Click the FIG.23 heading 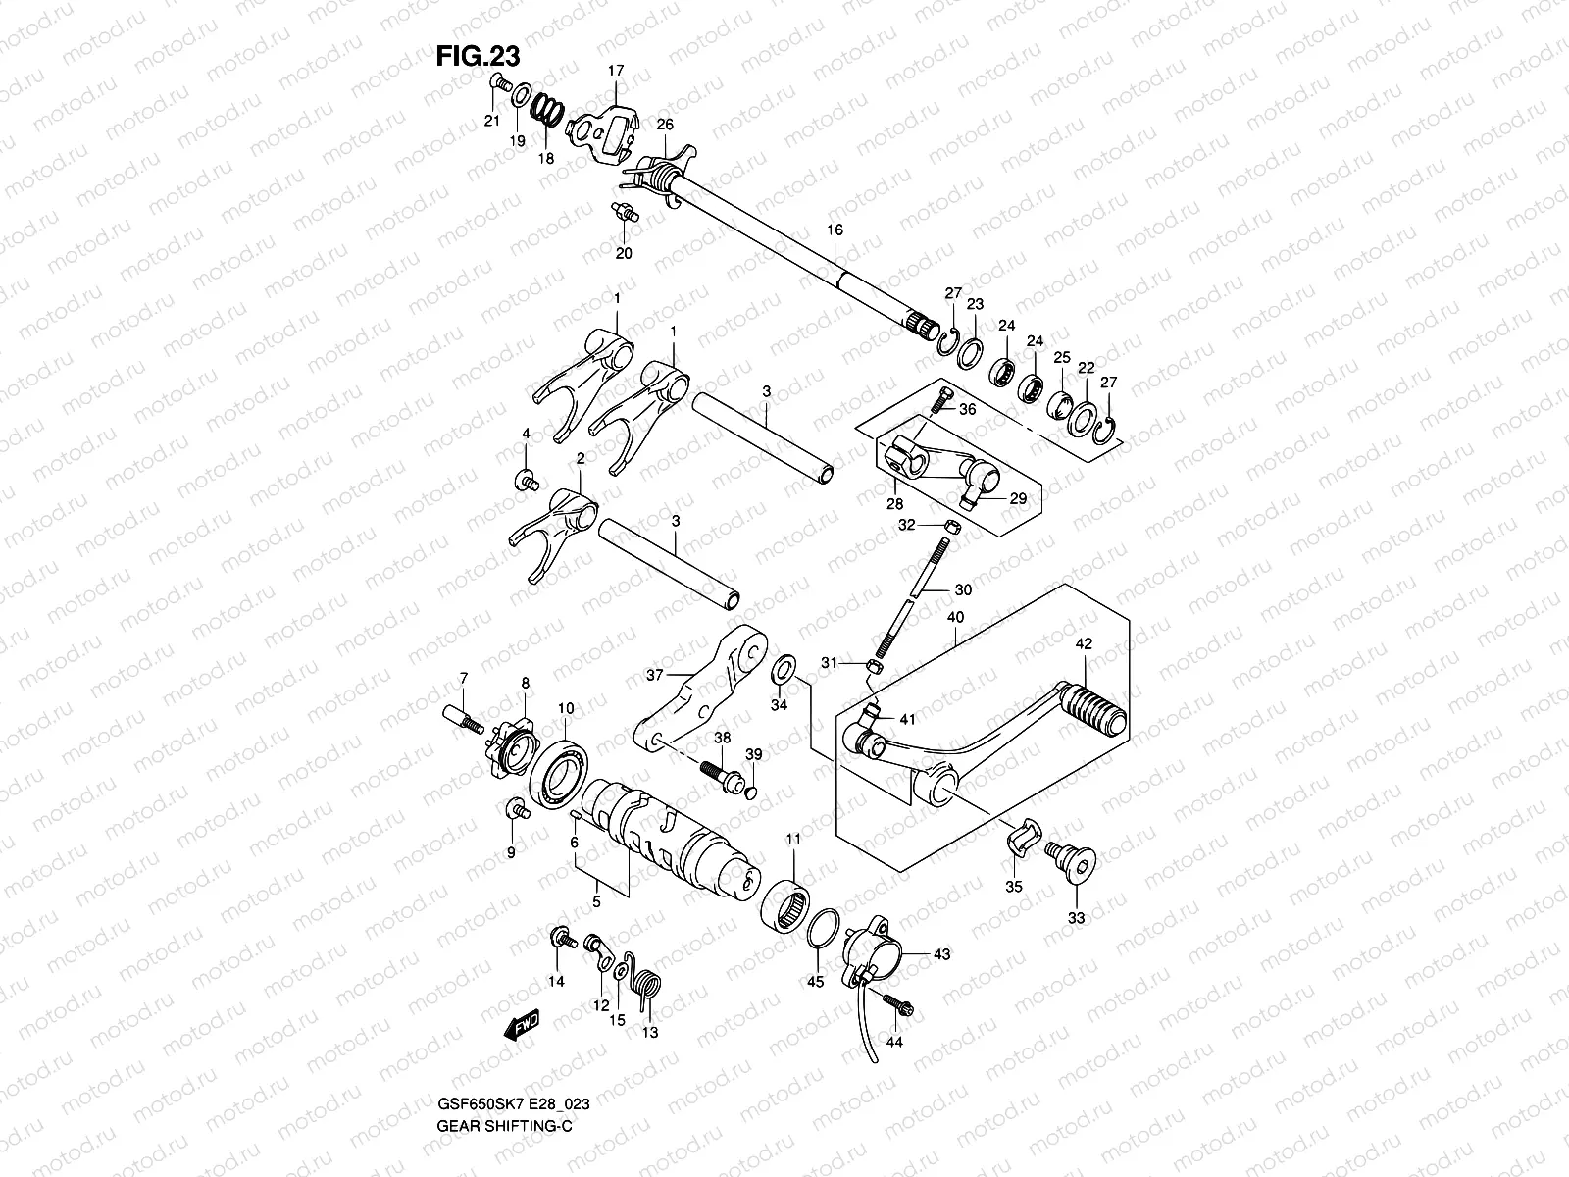pyautogui.click(x=479, y=56)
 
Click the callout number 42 pyautogui.click(x=1083, y=644)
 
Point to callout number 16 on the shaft pyautogui.click(x=835, y=230)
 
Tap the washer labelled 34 pyautogui.click(x=784, y=672)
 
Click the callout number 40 pyautogui.click(x=955, y=617)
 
